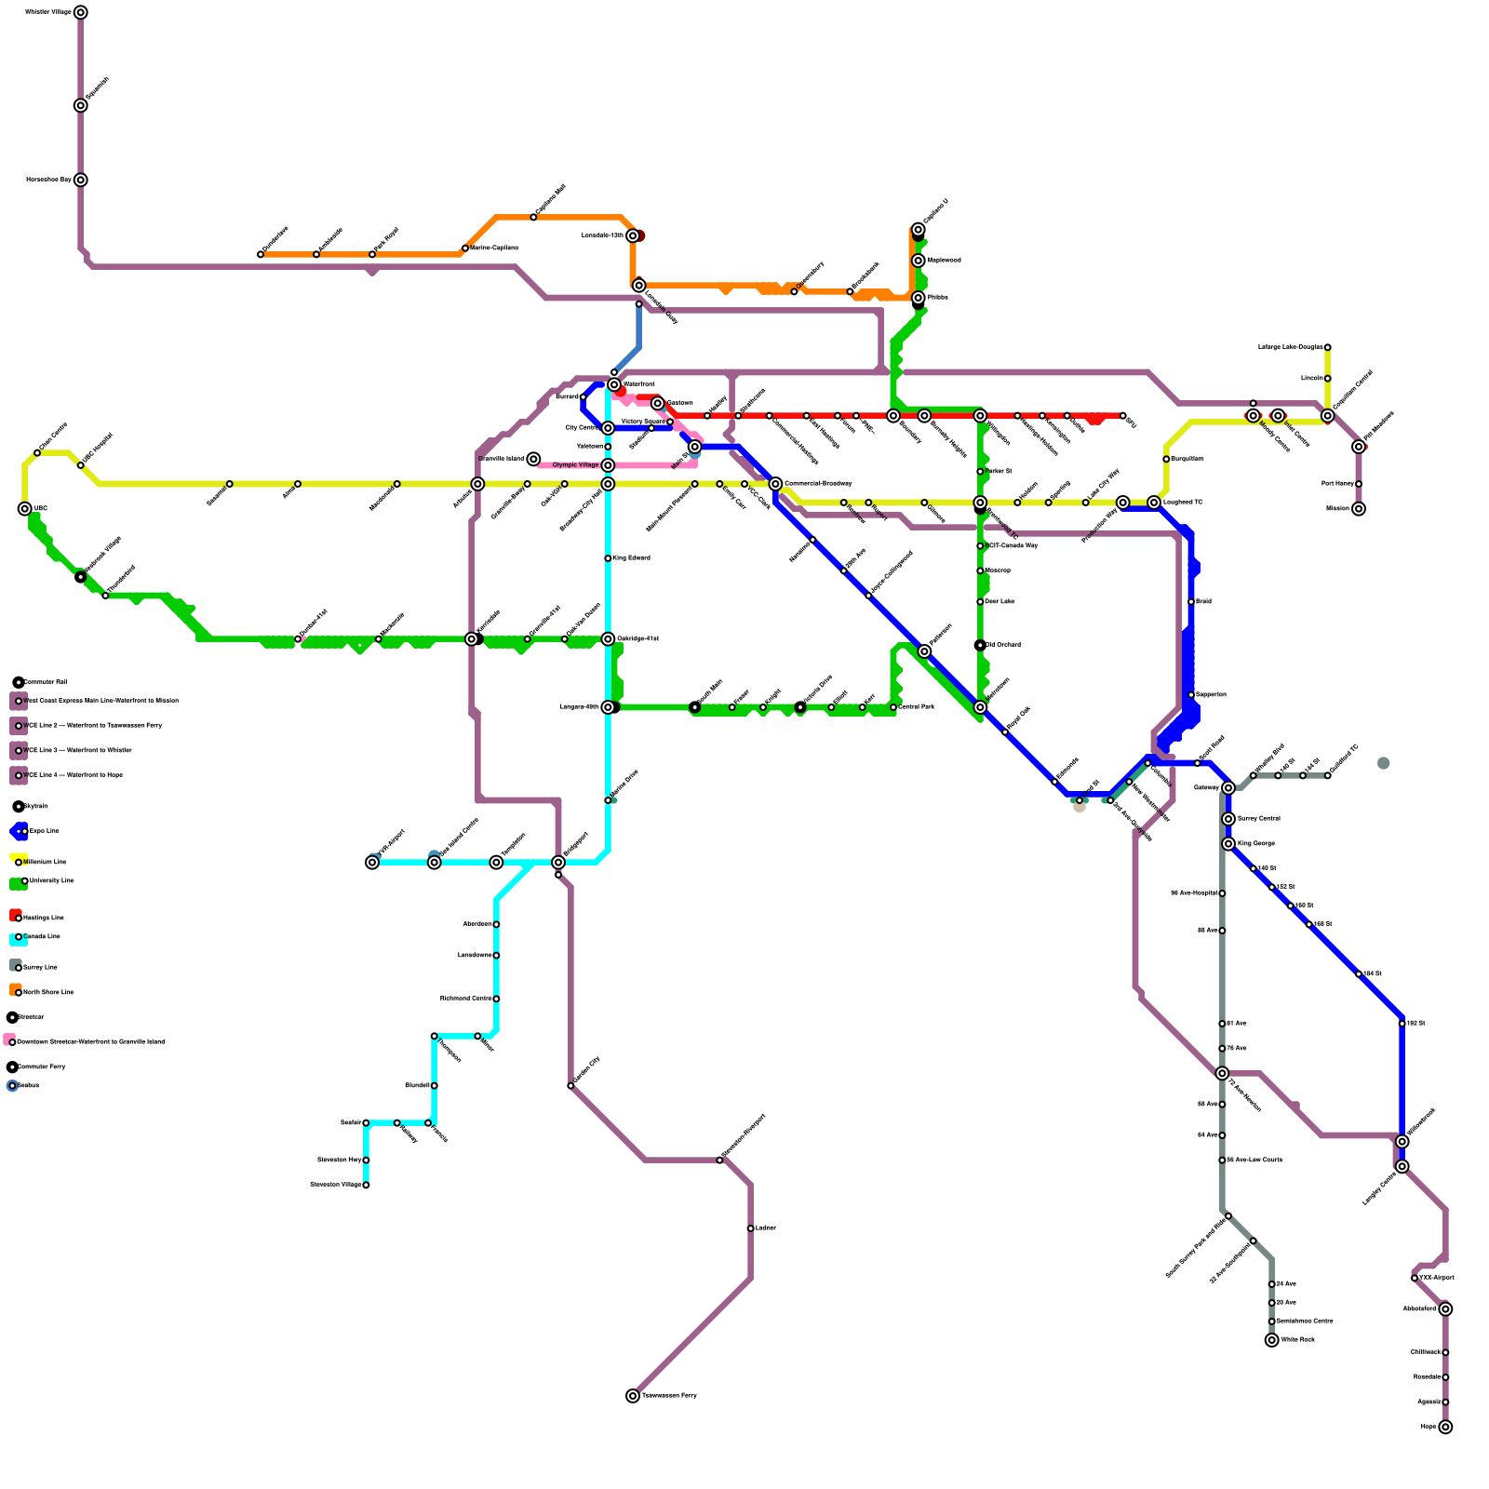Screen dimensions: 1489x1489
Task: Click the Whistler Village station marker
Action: (81, 12)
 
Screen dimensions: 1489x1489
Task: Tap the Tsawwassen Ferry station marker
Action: (633, 1396)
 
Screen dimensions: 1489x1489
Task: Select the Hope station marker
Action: (1445, 1427)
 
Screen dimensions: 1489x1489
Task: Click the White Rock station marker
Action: (1272, 1340)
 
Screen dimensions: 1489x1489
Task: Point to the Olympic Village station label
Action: (575, 465)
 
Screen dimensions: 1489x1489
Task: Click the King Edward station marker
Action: (608, 558)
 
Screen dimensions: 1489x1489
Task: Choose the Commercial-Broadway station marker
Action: (775, 484)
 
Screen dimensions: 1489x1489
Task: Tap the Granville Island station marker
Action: (533, 459)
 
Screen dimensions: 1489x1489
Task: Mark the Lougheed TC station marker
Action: (1154, 503)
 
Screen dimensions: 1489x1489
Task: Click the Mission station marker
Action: (1359, 509)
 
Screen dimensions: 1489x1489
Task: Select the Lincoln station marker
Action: (1328, 379)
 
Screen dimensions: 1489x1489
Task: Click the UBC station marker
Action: (25, 509)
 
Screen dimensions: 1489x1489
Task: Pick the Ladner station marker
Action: (751, 1228)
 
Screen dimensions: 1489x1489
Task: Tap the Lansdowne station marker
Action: (496, 956)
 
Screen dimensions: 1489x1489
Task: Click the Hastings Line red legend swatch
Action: (16, 915)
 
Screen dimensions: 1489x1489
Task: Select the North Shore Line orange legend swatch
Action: (16, 989)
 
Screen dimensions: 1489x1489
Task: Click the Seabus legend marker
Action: (12, 1086)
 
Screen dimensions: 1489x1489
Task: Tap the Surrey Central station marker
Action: (1229, 819)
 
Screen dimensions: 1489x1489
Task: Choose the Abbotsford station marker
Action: (1445, 1309)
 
